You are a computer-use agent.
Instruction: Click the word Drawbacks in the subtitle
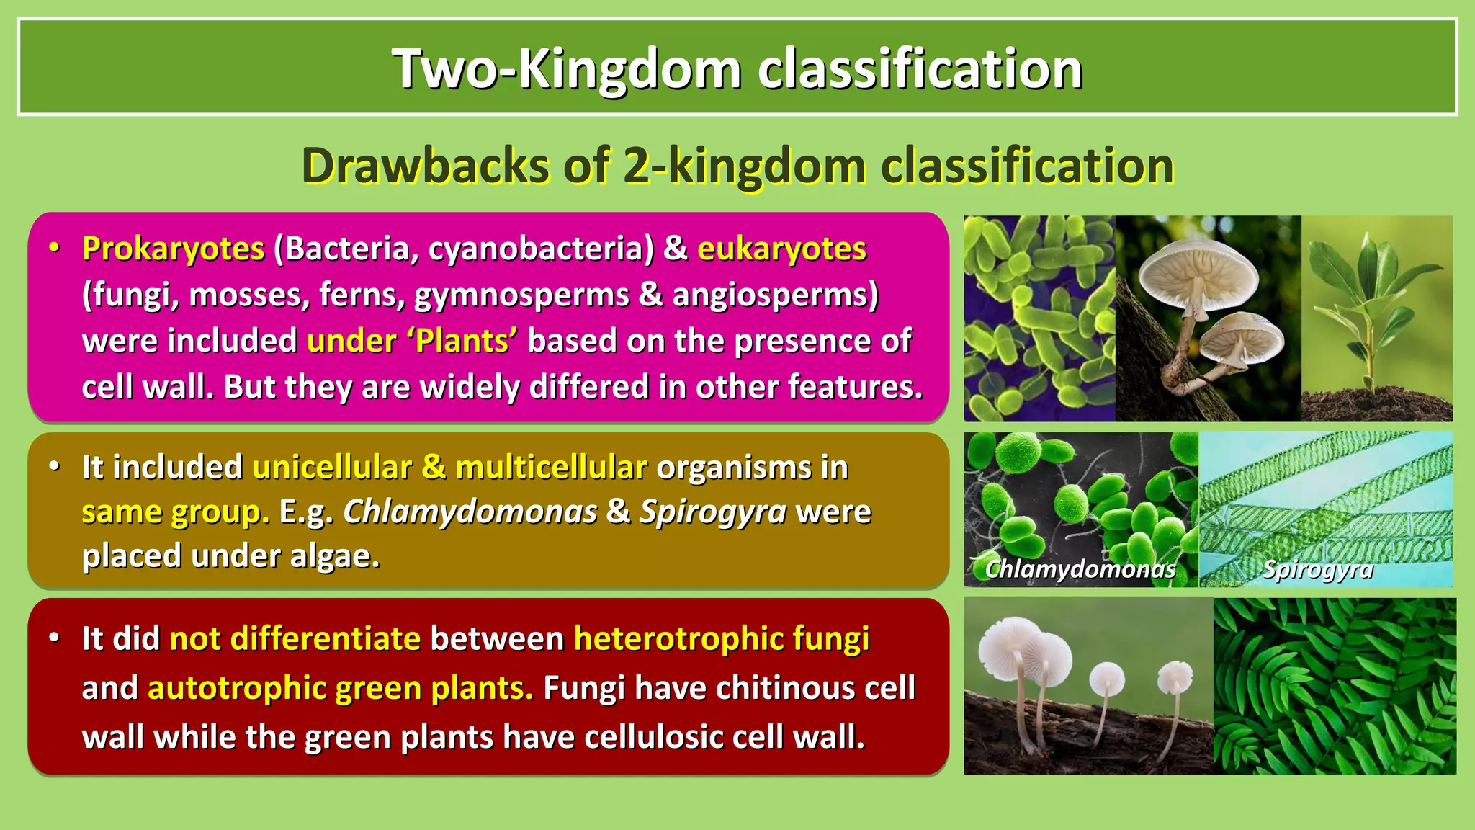coord(425,166)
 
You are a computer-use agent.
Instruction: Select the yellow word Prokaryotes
coord(173,249)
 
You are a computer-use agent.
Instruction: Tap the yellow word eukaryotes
coord(781,249)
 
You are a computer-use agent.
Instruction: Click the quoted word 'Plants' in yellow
coord(462,341)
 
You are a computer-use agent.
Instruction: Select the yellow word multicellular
coord(551,468)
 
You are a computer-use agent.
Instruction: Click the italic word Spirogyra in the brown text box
coord(713,512)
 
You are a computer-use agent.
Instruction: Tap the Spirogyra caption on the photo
coord(1317,569)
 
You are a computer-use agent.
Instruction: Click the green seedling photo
coord(1376,317)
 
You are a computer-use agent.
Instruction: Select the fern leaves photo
coord(1334,686)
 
